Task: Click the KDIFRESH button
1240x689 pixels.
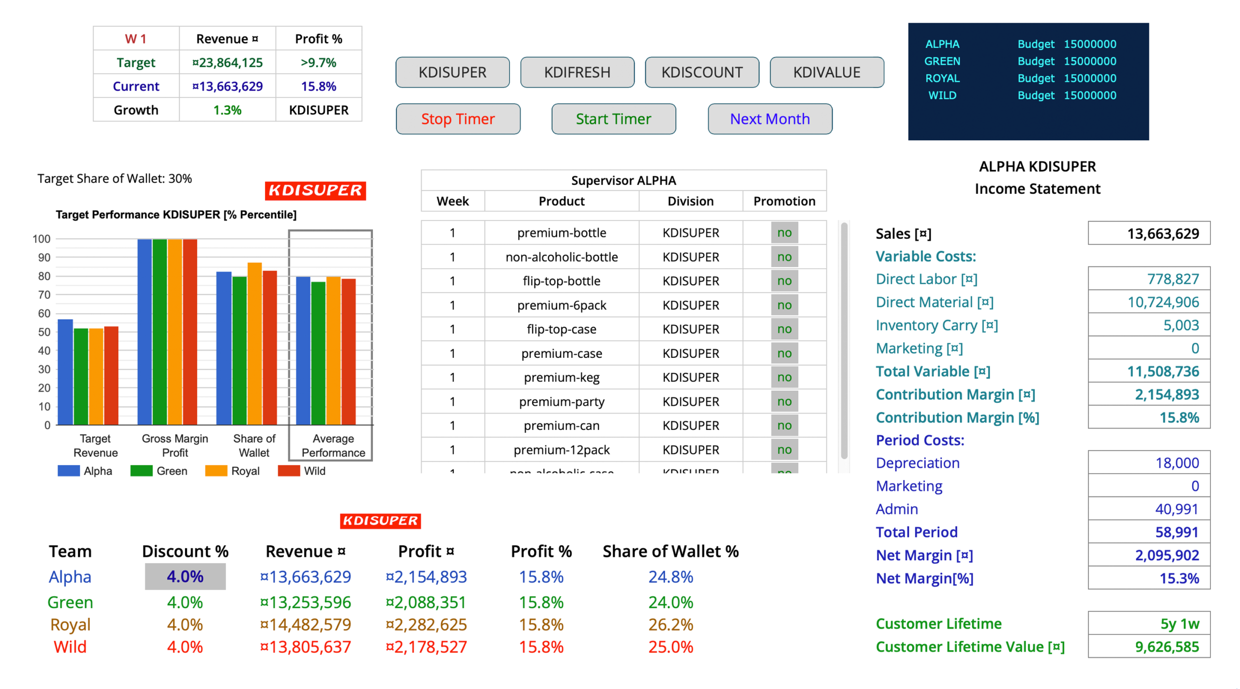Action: coord(577,72)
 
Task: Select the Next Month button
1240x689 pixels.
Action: coord(770,119)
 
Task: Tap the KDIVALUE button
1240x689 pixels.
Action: coord(826,72)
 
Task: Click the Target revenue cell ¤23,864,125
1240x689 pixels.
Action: coord(227,62)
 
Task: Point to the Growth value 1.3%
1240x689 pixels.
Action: coord(227,110)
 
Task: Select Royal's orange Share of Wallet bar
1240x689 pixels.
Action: coord(255,344)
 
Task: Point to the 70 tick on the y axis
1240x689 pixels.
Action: coord(44,294)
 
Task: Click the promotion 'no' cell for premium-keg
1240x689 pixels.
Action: coord(784,377)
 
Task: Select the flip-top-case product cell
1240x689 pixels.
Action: coord(561,329)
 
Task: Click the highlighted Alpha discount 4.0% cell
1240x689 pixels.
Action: coord(185,576)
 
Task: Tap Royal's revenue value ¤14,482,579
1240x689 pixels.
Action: coord(306,625)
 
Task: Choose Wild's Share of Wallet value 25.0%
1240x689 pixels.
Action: coord(670,647)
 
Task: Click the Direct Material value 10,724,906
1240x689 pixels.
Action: coord(1163,302)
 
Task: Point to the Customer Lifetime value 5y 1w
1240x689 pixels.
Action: coord(1179,624)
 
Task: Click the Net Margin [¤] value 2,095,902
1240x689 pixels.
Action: coord(1166,555)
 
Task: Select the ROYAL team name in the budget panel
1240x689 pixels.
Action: coord(942,78)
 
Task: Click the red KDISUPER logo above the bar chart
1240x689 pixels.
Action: coord(315,190)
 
